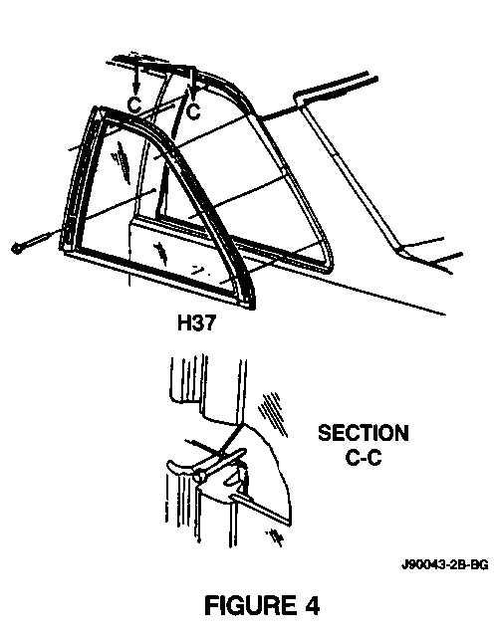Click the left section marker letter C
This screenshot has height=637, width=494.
pos(134,105)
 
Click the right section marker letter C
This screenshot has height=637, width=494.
pos(193,110)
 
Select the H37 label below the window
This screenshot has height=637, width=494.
pos(197,323)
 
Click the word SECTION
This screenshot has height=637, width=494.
pos(364,433)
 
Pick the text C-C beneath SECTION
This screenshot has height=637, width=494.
pos(364,458)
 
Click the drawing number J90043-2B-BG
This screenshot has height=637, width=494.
pos(445,564)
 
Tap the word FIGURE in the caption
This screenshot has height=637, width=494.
pos(250,605)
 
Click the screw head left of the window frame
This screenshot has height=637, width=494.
pos(17,248)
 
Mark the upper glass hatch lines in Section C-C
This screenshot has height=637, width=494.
pos(272,414)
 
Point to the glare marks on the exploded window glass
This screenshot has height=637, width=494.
pos(121,160)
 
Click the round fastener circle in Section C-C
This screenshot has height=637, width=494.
pos(199,477)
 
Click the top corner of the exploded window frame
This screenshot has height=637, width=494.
pos(97,107)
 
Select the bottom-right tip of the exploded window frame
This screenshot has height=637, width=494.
pos(254,308)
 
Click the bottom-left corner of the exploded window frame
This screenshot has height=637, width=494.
pos(63,251)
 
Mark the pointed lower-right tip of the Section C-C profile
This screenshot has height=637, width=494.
pos(290,524)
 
